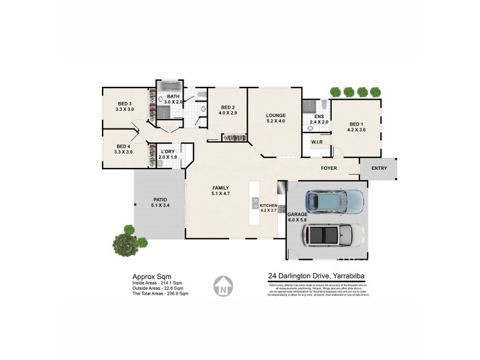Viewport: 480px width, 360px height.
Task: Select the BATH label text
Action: [x=173, y=97]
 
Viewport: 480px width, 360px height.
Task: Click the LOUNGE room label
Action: [x=276, y=115]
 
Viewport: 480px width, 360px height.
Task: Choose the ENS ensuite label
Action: [x=319, y=116]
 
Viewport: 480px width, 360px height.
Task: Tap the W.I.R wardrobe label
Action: [x=317, y=142]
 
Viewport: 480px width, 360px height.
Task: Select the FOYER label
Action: [x=329, y=168]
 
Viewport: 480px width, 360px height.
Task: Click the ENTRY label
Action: [x=379, y=168]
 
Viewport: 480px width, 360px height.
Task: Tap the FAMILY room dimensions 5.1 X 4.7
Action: [x=221, y=194]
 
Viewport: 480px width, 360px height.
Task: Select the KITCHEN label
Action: [x=268, y=206]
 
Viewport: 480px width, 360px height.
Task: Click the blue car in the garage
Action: [x=334, y=202]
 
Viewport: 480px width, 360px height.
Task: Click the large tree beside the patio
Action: [x=127, y=241]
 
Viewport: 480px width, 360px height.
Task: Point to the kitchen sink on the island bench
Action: [x=255, y=204]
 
